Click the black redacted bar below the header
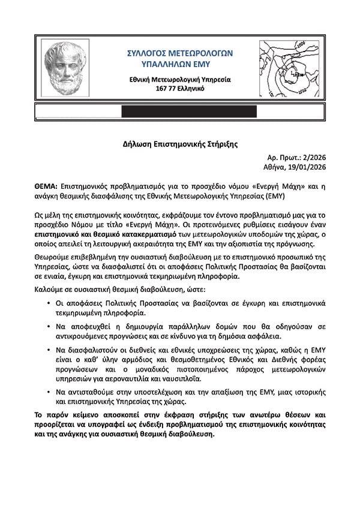[x=189, y=111]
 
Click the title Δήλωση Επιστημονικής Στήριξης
[x=180, y=144]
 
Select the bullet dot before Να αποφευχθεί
[x=49, y=326]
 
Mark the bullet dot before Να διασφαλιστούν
[x=49, y=348]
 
